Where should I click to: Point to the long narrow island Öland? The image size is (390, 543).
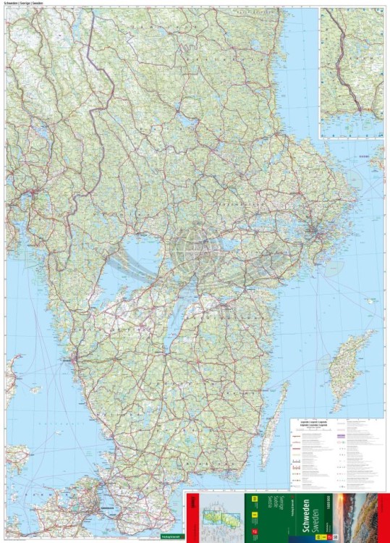[274, 416]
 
